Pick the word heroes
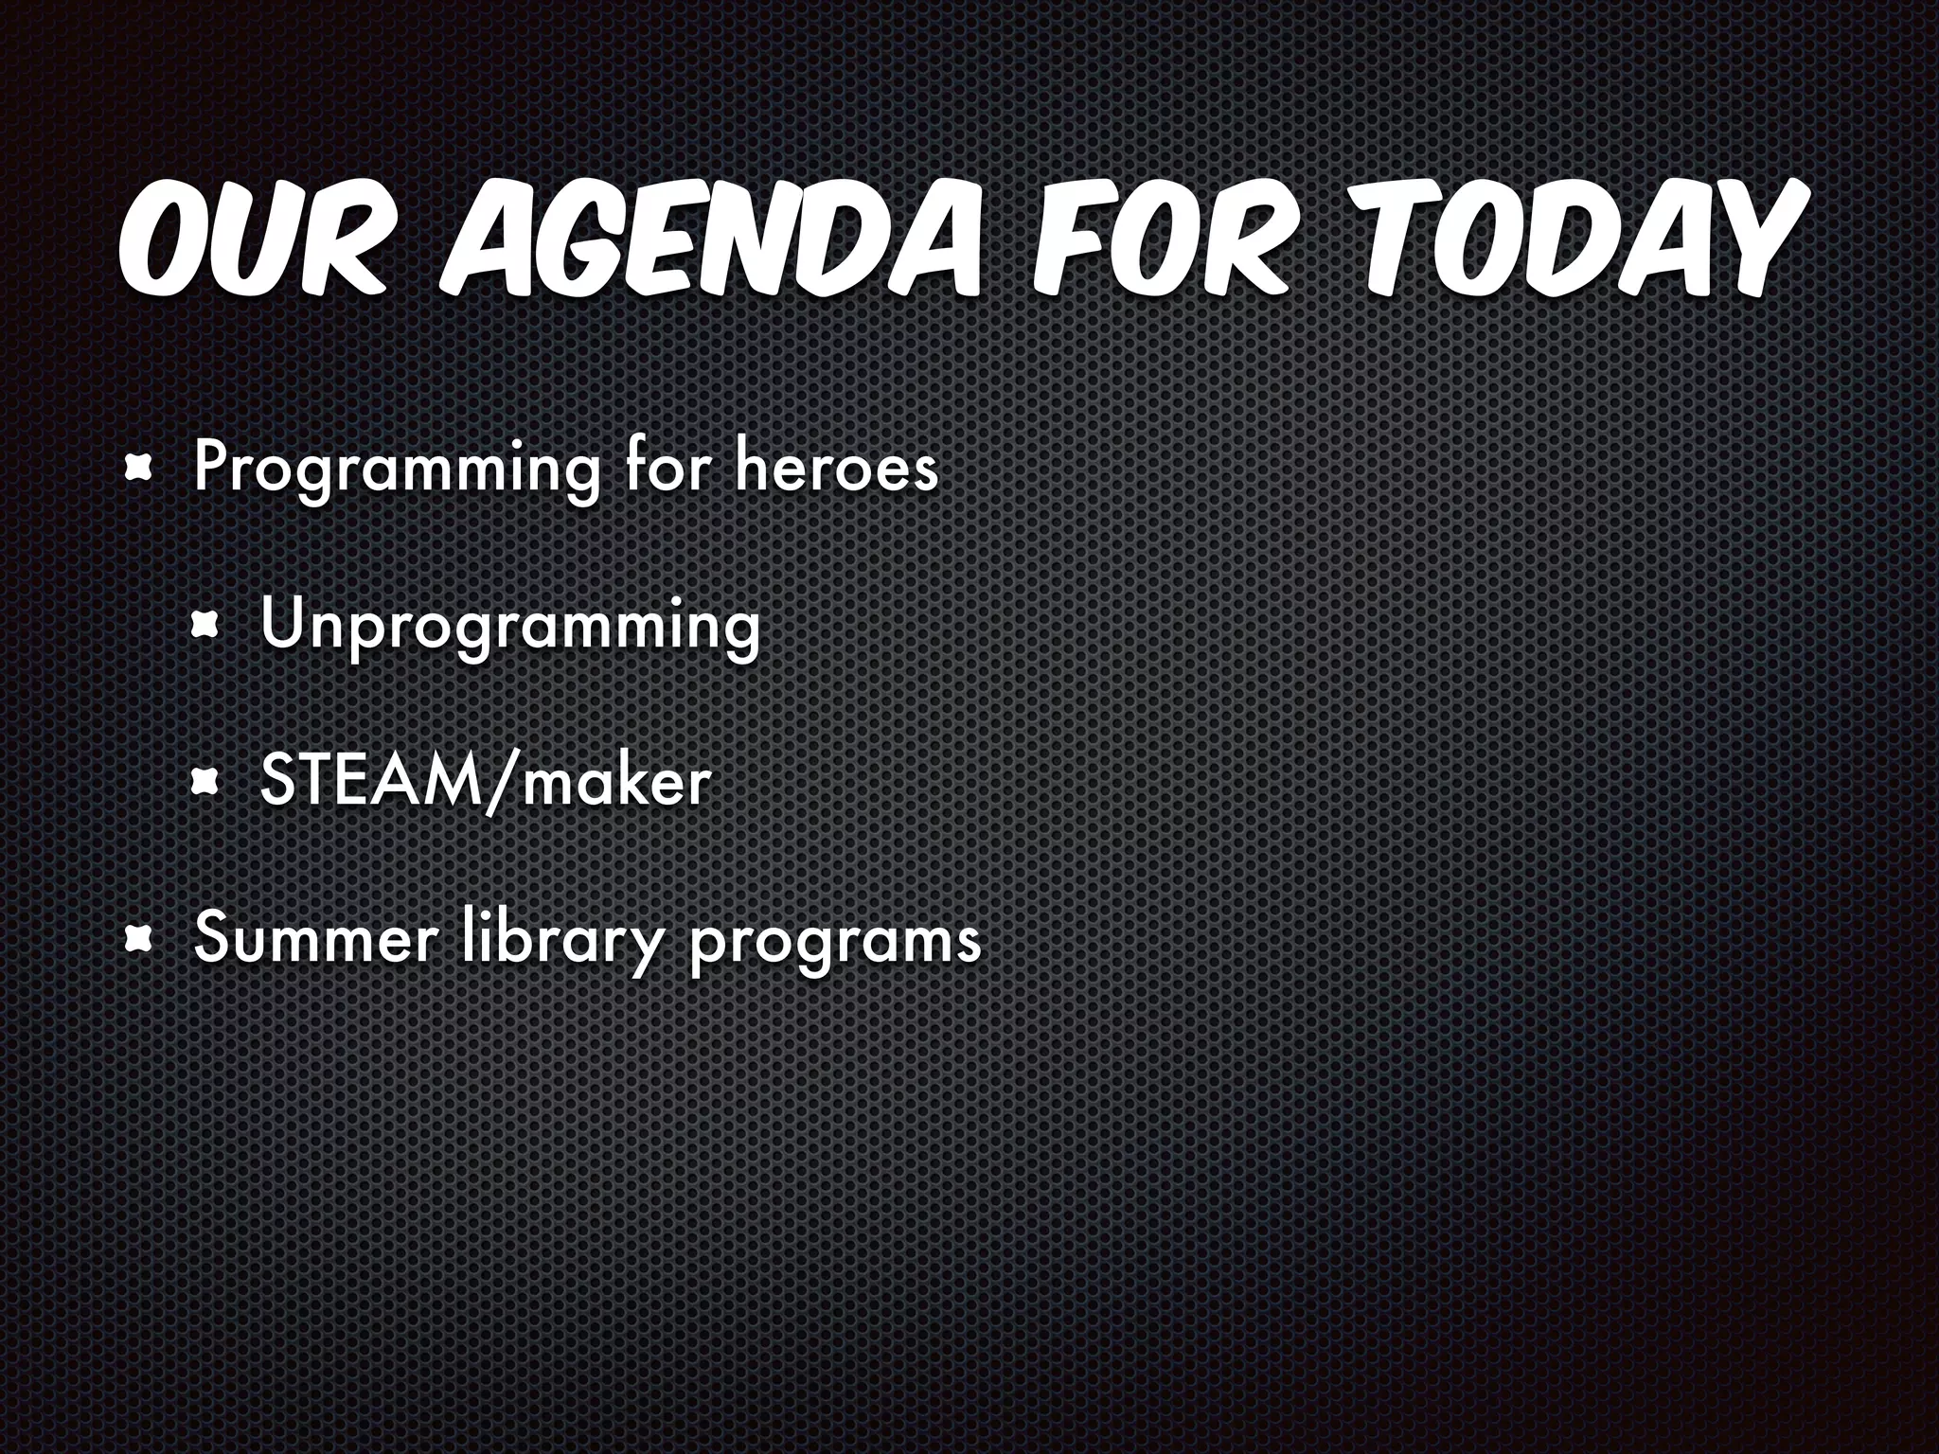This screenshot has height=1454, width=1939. click(837, 468)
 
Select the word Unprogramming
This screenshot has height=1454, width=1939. click(510, 627)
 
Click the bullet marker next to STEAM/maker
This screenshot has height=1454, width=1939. click(205, 782)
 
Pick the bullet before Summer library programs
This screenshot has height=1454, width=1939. click(140, 939)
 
